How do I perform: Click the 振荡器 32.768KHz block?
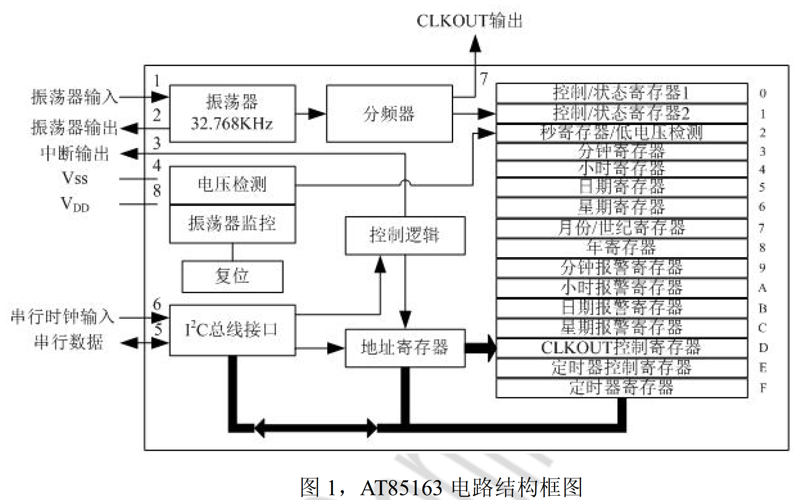(x=232, y=113)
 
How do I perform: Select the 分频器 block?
(x=389, y=114)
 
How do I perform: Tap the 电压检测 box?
(x=232, y=185)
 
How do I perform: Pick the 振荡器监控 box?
(x=232, y=224)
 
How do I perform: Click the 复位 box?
(x=232, y=276)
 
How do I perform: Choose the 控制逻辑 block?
(x=405, y=235)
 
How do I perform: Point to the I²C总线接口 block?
(x=232, y=330)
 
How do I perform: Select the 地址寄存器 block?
(x=405, y=348)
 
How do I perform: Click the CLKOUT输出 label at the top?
(x=469, y=21)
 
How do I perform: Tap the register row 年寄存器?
(x=621, y=248)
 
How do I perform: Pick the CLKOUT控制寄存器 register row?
(x=621, y=348)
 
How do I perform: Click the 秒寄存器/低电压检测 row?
(x=621, y=133)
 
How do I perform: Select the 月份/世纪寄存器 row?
(x=621, y=228)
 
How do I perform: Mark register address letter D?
(x=763, y=348)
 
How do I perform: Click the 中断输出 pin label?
(x=75, y=153)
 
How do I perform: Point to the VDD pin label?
(x=75, y=204)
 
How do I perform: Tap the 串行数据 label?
(x=69, y=343)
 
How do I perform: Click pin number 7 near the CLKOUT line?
(x=484, y=79)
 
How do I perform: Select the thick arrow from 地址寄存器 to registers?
(x=481, y=348)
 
